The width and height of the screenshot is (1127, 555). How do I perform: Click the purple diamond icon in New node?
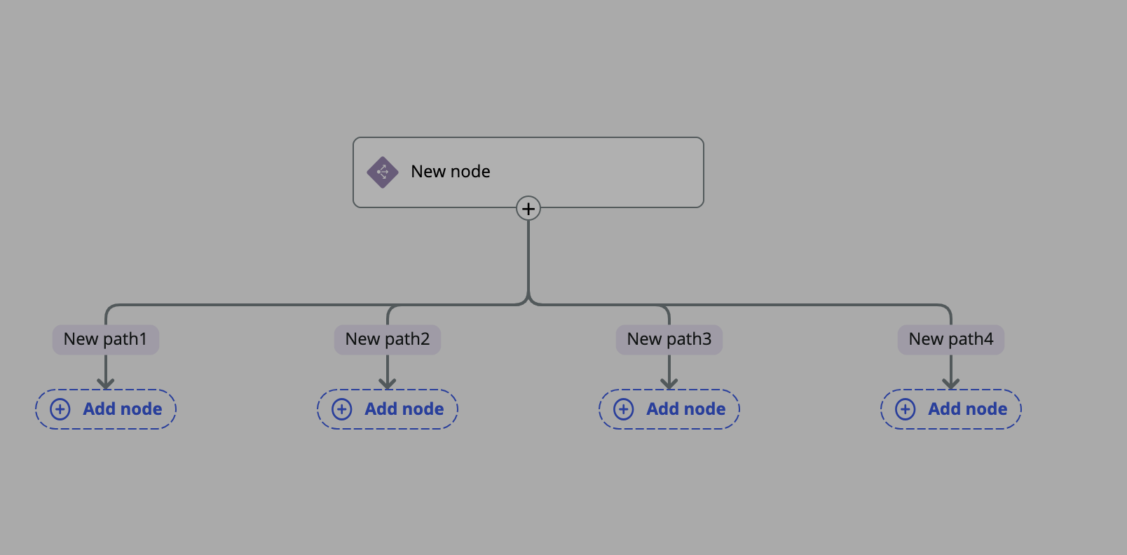(383, 172)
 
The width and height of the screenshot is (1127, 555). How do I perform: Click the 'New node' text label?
(450, 172)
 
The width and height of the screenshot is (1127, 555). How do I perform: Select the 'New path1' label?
(106, 340)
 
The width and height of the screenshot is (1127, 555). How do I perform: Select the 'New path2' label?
(388, 340)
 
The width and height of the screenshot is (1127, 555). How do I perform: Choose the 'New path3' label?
(669, 340)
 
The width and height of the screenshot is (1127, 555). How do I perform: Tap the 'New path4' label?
(951, 340)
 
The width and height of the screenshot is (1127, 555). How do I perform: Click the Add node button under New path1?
(106, 409)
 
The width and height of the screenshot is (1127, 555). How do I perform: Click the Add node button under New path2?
(388, 409)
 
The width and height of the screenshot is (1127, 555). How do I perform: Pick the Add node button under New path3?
(669, 409)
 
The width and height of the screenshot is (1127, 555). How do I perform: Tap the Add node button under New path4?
(951, 409)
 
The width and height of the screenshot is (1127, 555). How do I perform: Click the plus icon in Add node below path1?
(60, 409)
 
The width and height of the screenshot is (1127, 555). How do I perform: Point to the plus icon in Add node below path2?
(342, 409)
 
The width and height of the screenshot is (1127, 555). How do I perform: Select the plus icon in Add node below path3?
(624, 409)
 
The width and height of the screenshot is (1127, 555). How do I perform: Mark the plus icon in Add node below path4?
(906, 409)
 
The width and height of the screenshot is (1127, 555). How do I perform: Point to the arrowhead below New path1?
(106, 383)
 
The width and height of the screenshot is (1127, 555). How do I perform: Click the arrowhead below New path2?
(388, 383)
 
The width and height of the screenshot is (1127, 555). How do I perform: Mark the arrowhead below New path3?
(669, 383)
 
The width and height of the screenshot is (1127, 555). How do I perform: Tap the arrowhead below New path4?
(951, 383)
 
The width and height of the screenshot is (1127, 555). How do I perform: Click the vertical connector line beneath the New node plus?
(528, 259)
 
